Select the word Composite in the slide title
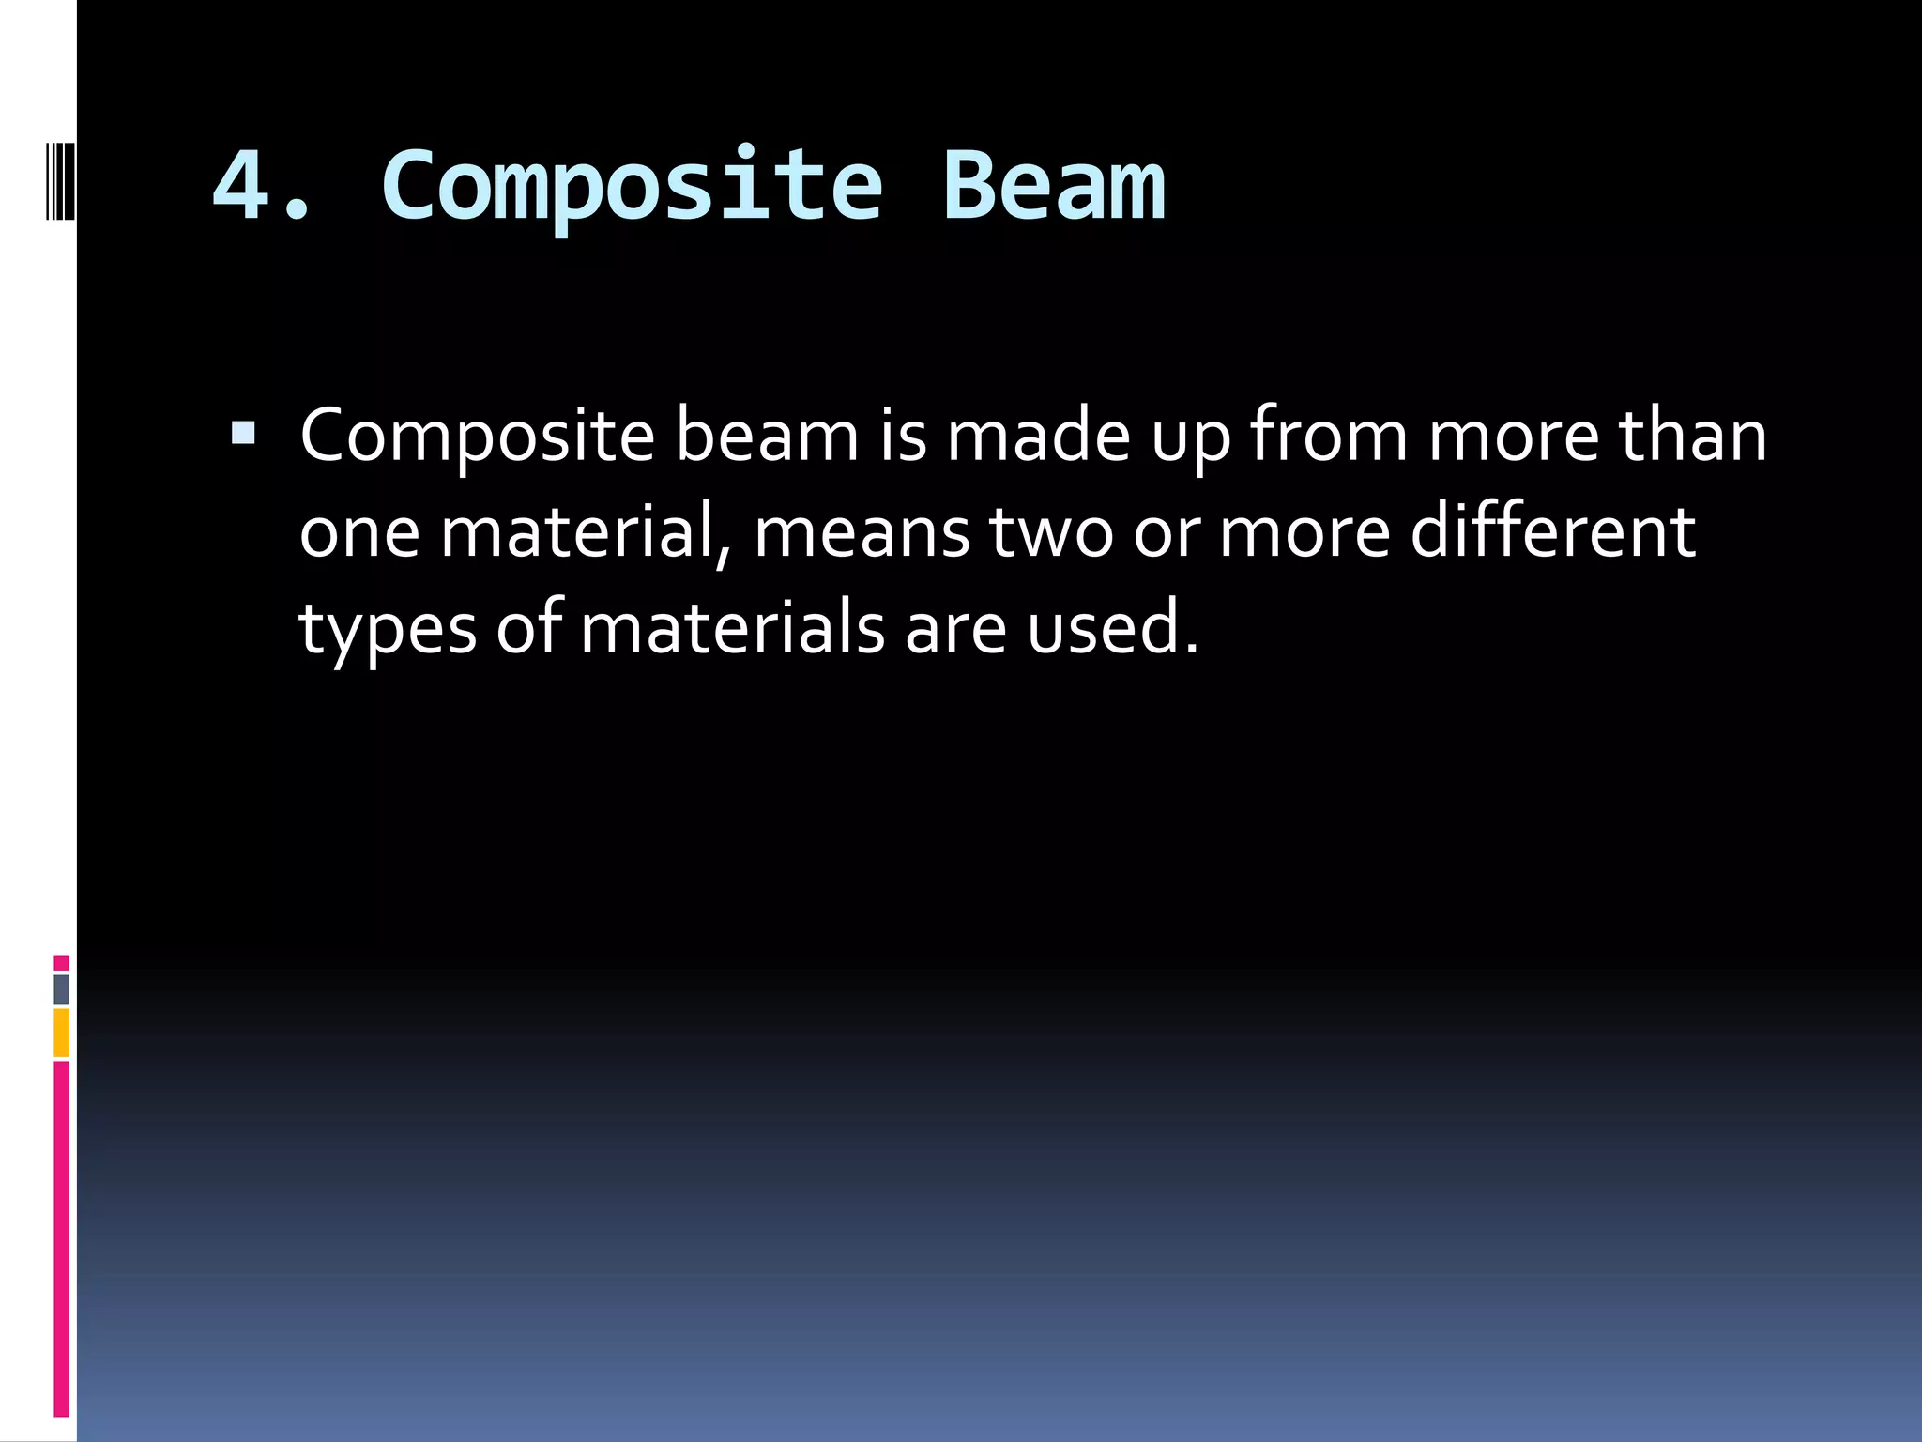pos(631,186)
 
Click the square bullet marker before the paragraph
pos(242,432)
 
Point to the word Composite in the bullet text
pos(477,436)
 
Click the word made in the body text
pos(1038,436)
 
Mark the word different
pos(1552,531)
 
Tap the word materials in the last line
pos(732,627)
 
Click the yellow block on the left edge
pos(61,1033)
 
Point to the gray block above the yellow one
pos(61,989)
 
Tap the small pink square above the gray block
pos(61,962)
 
